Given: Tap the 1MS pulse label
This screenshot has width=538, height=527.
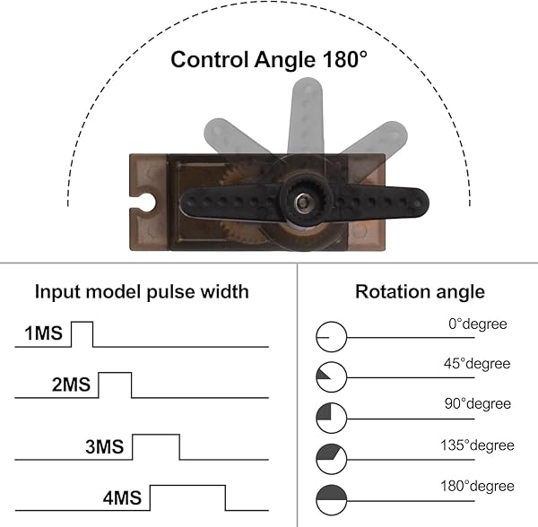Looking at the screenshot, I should [x=43, y=334].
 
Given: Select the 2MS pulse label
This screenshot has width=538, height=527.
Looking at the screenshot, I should [x=71, y=385].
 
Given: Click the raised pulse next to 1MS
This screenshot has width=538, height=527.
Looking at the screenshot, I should [x=82, y=333].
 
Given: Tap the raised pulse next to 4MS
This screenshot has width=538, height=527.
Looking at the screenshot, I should [x=187, y=497].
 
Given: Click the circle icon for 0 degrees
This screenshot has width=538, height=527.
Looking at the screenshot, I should [x=330, y=337].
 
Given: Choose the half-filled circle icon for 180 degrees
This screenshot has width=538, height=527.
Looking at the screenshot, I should [x=330, y=498].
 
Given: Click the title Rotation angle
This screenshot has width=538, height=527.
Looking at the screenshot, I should [x=420, y=291].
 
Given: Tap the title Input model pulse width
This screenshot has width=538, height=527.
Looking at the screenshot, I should [x=142, y=291].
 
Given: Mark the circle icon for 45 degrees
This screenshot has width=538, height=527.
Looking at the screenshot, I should [x=330, y=377].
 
